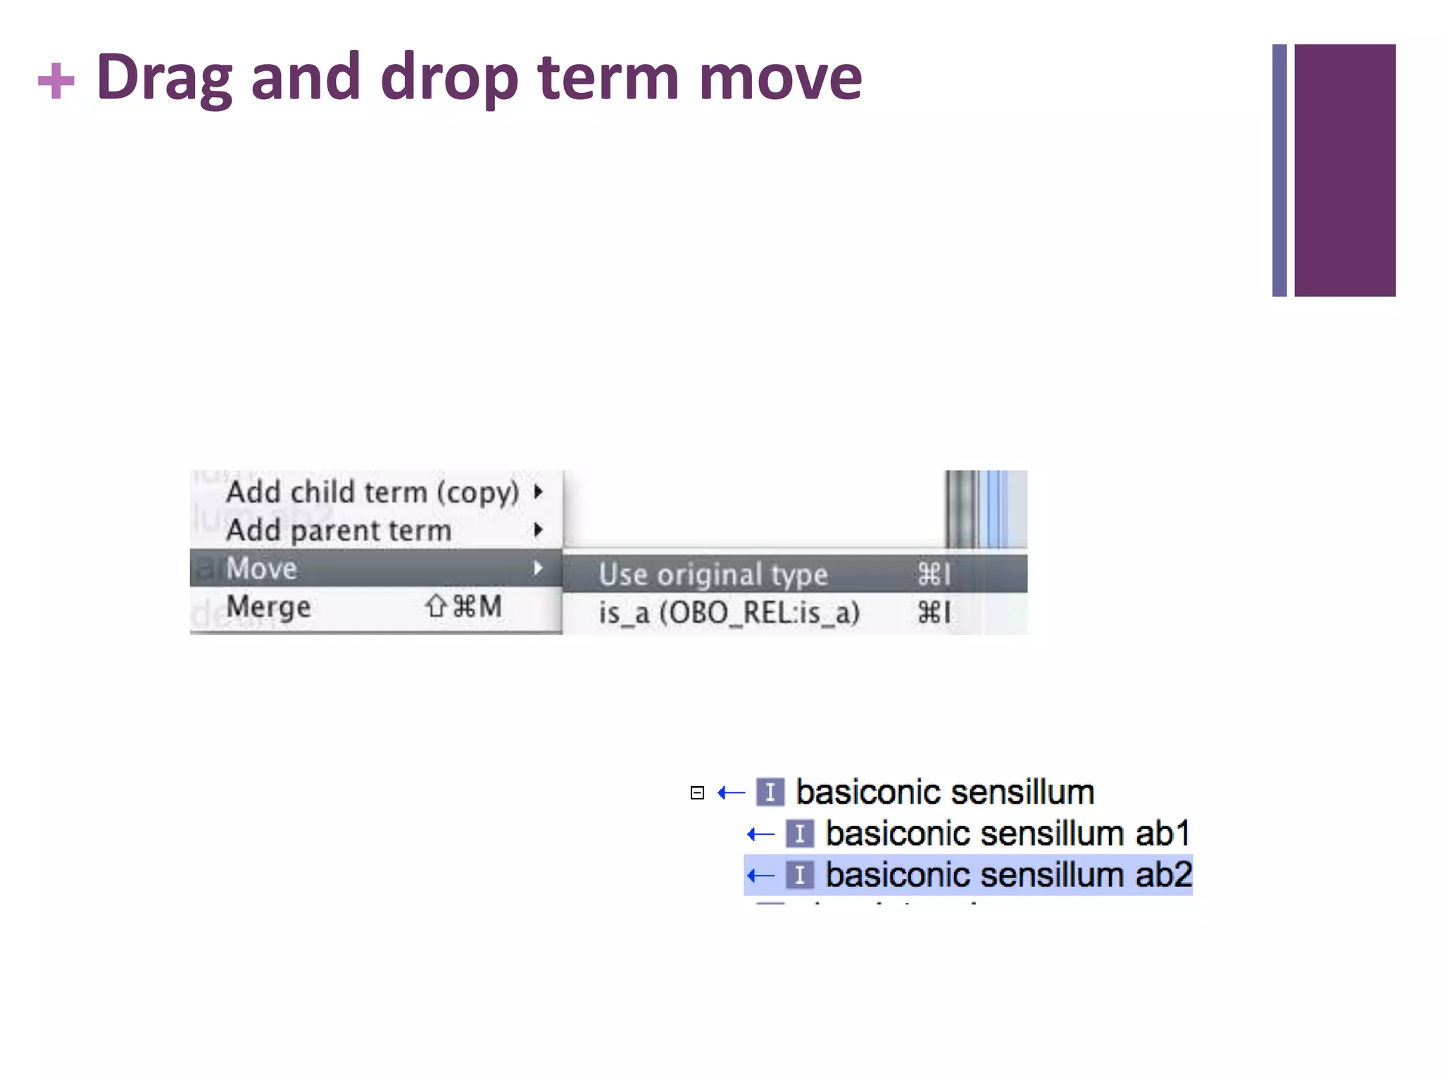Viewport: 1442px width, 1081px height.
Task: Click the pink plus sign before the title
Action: [x=56, y=81]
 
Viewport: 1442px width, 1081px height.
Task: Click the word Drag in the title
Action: [x=163, y=77]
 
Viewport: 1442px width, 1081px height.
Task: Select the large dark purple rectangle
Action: [x=1344, y=170]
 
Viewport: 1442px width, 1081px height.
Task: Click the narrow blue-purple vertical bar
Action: [x=1279, y=170]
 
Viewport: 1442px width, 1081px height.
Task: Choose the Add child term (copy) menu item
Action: [x=372, y=492]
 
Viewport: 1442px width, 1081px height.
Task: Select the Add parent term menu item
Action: [x=338, y=530]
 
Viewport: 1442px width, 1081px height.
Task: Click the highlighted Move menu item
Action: [x=262, y=568]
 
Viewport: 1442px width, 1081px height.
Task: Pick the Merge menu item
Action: [x=268, y=607]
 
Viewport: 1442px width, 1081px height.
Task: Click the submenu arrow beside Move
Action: [x=539, y=568]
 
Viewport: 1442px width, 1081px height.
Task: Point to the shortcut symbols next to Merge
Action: [x=464, y=607]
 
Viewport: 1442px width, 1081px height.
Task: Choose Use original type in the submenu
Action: [x=713, y=574]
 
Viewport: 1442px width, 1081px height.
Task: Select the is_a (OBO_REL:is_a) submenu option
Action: [x=729, y=613]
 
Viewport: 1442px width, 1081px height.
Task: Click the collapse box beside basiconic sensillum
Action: [x=697, y=793]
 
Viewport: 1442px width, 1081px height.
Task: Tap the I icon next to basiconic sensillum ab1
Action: [x=800, y=835]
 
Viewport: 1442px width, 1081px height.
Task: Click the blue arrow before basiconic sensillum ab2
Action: [x=761, y=875]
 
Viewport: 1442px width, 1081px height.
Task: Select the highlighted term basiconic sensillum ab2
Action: [x=1008, y=875]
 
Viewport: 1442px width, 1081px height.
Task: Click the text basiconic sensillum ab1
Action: [x=1008, y=834]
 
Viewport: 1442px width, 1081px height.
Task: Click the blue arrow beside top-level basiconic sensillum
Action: [x=732, y=793]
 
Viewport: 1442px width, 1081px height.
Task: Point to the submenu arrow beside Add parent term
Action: [x=539, y=530]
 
